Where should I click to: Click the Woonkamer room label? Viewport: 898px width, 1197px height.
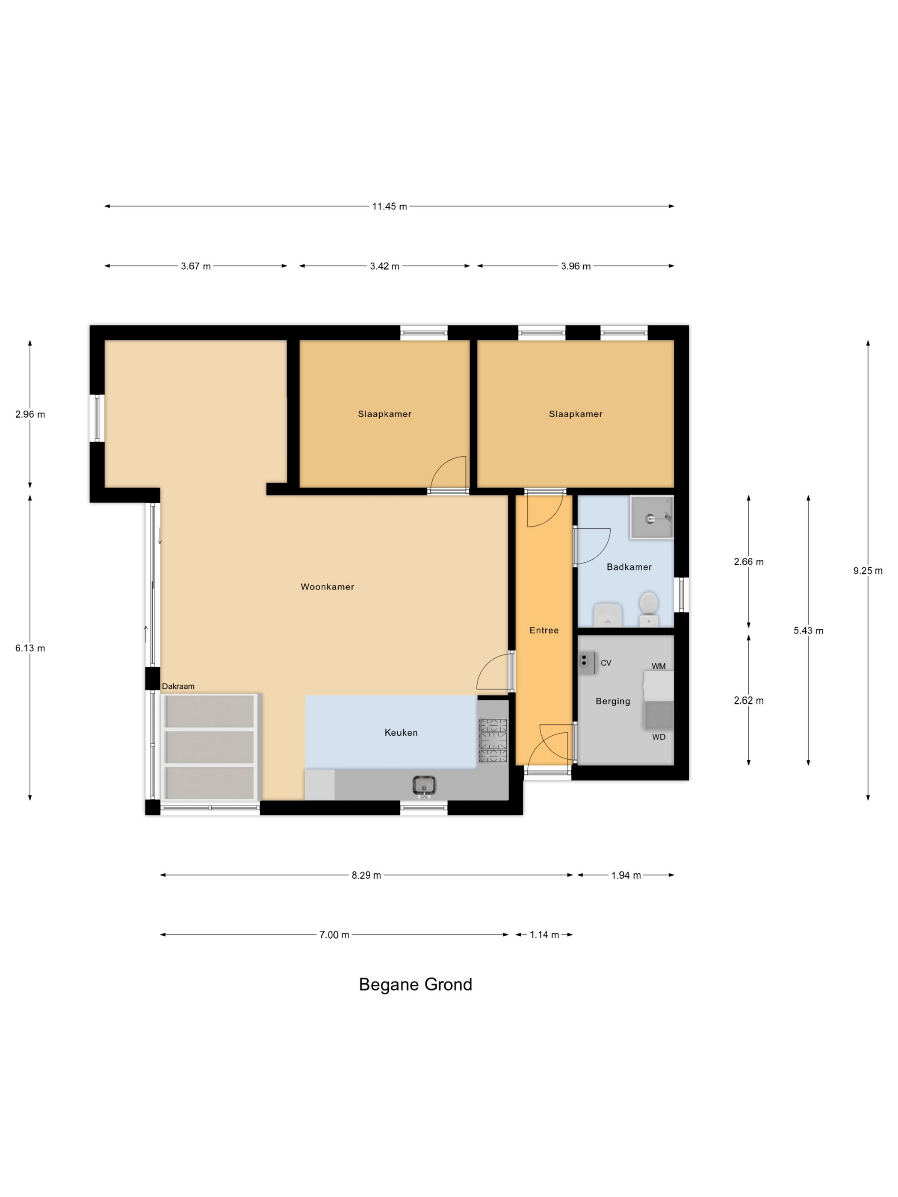(327, 587)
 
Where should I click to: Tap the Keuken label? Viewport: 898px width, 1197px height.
(401, 733)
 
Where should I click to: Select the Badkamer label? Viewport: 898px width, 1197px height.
(629, 567)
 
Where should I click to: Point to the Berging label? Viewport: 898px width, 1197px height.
(613, 702)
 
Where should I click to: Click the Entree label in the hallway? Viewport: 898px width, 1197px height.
(544, 631)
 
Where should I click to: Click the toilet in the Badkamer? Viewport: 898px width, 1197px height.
(648, 609)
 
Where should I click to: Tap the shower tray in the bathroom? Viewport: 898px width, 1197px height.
(652, 517)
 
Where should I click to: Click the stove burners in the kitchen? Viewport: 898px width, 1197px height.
(493, 741)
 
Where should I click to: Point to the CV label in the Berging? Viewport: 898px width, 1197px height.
(606, 663)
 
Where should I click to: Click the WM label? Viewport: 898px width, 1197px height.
(658, 666)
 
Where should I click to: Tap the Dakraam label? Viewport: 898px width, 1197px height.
(178, 686)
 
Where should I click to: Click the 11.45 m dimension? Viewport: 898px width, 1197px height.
(389, 206)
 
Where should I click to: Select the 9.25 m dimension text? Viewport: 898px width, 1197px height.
(868, 570)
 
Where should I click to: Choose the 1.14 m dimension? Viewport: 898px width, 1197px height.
(544, 935)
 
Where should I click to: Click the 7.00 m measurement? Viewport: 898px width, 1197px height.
(334, 935)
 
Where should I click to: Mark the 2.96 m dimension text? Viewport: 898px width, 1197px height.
(30, 415)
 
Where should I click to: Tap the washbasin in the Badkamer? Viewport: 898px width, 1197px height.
(607, 615)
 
